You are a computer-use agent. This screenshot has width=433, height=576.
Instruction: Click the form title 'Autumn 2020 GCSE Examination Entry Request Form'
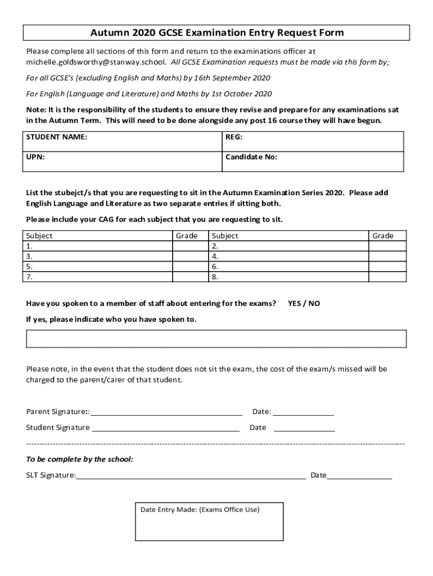(216, 33)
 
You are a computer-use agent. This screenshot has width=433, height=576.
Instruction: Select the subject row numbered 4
(288, 256)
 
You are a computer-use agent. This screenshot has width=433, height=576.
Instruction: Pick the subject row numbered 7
(98, 277)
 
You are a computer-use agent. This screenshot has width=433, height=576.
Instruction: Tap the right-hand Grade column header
(383, 236)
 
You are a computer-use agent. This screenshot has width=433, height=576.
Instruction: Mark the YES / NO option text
(304, 303)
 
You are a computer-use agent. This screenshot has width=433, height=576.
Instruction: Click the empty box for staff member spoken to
(216, 339)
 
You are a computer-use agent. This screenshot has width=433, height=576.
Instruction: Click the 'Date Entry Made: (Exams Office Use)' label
(200, 510)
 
